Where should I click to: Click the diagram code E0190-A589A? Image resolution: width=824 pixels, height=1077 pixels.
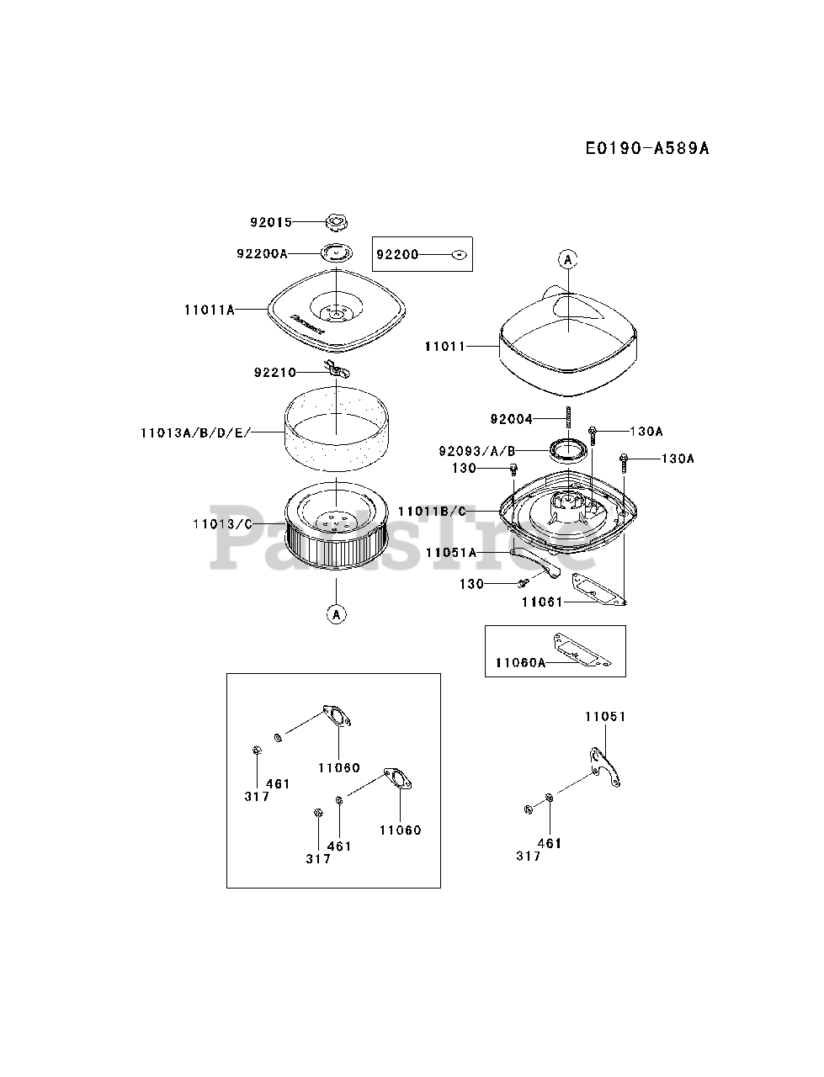coord(647,148)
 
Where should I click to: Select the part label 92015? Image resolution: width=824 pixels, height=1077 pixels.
coord(271,222)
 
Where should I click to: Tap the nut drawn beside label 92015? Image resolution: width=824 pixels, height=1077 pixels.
coord(336,222)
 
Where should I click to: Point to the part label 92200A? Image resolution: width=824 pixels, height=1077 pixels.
coord(262,253)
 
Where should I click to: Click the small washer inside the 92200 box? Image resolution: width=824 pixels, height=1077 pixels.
coord(459,254)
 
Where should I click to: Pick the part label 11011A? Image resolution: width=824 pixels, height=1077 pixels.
coord(210,310)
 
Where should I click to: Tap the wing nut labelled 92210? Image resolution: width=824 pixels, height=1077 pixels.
coord(337,369)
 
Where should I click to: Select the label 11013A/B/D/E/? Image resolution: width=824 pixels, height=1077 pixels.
coord(196,432)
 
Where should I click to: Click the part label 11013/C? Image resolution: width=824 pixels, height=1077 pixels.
coord(222,524)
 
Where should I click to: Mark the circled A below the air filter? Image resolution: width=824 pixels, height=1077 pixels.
coord(336,614)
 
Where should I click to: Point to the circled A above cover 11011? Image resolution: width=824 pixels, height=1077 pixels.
coord(568,259)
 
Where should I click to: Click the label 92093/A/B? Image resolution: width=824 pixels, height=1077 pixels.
coord(477,450)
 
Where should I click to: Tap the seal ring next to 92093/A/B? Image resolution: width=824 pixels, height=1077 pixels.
coord(568,450)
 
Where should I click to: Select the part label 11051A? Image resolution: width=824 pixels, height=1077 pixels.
coord(451,553)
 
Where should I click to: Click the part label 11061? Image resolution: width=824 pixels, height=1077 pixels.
coord(542,602)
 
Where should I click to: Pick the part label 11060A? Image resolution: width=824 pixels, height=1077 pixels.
coord(520,663)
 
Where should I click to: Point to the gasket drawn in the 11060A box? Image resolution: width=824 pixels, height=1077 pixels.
coord(582,650)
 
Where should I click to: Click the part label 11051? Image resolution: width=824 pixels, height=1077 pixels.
coord(605,716)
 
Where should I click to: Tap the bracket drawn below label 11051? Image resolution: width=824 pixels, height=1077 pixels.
coord(604,767)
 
